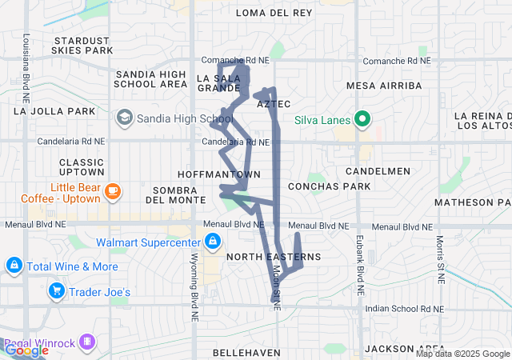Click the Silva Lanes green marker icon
point(362,120)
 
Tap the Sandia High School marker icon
point(125,119)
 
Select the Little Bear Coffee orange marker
point(113,190)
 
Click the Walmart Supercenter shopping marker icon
point(212,242)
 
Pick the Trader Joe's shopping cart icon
point(56,292)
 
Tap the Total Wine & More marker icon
point(14,266)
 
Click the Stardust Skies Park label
point(82,45)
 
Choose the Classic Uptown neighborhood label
point(82,166)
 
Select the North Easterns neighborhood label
point(274,257)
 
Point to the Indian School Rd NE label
point(398,308)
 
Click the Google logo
point(26,350)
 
